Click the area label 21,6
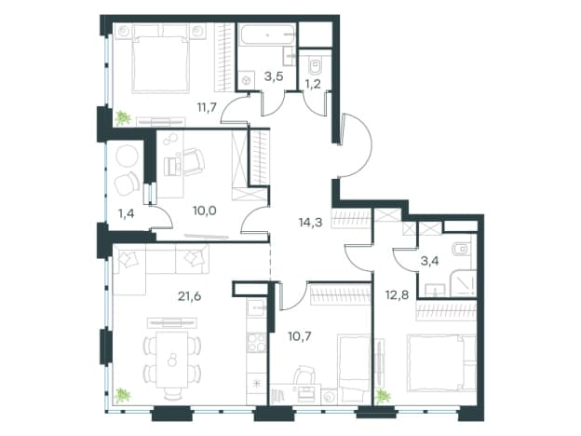coord(189,296)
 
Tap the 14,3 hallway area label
coord(310,223)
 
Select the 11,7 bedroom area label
coord(207,107)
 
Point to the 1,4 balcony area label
coord(126,213)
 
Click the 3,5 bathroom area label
coord(274,76)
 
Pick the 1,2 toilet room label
coord(312,84)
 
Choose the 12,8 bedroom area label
coord(396,294)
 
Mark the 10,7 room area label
coord(300,336)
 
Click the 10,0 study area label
coord(205,211)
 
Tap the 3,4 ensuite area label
coord(430,262)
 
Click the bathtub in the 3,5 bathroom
coord(267,35)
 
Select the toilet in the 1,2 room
coord(316,65)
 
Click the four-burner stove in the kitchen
coord(256,342)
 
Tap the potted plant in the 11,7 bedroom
coord(123,118)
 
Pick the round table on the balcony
coord(126,157)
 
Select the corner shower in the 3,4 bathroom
coord(463,283)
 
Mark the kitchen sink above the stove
coord(256,307)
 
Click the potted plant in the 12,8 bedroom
coord(383,396)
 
